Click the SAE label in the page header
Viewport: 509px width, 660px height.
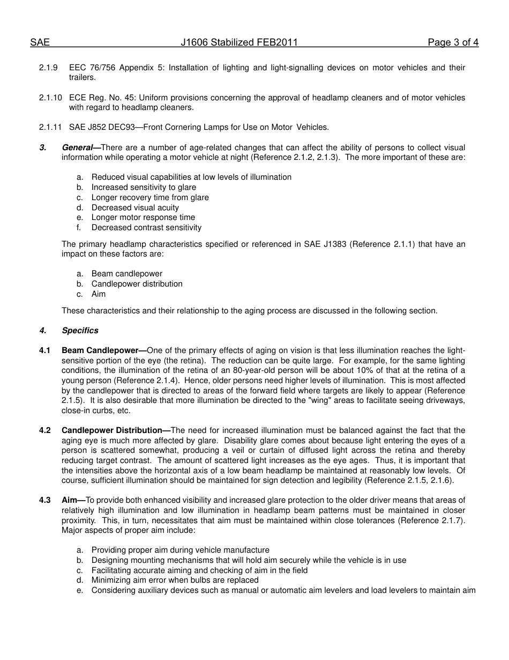(x=40, y=43)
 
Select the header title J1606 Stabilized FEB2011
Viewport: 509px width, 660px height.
(x=239, y=43)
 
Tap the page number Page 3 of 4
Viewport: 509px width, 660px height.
(x=453, y=43)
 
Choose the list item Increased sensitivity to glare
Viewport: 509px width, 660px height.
(x=144, y=187)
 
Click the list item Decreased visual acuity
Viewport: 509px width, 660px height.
(x=135, y=208)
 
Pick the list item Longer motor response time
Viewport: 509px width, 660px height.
(x=143, y=217)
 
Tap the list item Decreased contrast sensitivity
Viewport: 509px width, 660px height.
(x=146, y=228)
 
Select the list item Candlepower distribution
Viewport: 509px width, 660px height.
(x=137, y=284)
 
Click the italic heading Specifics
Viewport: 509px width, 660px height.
(x=80, y=331)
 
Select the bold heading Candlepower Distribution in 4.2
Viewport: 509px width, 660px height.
(x=112, y=430)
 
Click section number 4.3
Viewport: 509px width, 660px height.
(x=45, y=500)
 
